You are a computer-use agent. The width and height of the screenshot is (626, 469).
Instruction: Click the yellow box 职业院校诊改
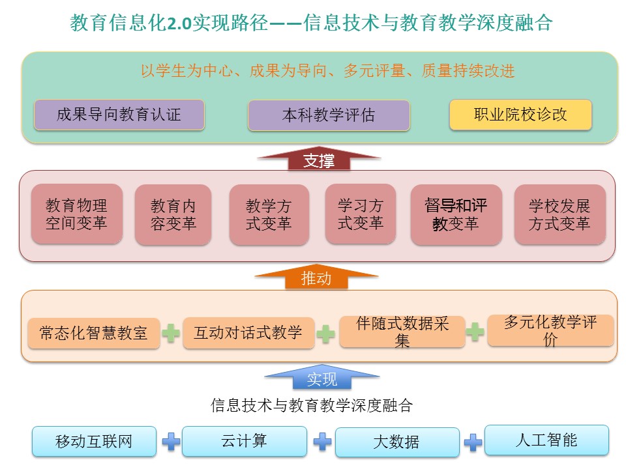tap(520, 115)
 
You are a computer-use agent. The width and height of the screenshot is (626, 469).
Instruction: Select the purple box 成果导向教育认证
tap(119, 115)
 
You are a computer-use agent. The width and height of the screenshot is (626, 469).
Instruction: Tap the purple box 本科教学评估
tap(329, 115)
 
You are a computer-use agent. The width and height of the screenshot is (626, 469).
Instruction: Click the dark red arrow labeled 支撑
tap(319, 158)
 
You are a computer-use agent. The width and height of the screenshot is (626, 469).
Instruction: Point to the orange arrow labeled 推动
tap(316, 276)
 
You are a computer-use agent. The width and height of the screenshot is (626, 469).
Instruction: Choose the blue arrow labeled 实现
tap(321, 377)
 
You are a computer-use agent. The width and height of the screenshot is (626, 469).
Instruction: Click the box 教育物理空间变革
tap(77, 214)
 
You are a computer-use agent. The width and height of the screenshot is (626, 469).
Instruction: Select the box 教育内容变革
tap(173, 214)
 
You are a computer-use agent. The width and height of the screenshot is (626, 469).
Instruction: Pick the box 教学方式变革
tap(269, 214)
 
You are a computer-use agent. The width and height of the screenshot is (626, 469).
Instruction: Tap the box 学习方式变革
tap(361, 214)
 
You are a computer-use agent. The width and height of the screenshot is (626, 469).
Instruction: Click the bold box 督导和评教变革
tap(456, 214)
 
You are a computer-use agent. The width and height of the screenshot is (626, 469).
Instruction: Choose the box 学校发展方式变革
tap(559, 214)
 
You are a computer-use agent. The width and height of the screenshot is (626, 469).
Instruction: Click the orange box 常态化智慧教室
tap(94, 334)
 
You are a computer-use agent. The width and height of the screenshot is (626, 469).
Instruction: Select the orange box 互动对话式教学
tap(248, 333)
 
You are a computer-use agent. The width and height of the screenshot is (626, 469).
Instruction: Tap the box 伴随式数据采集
tap(402, 332)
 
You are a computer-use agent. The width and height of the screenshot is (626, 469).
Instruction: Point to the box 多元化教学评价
tap(550, 330)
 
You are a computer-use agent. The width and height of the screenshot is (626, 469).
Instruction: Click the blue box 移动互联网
tap(94, 441)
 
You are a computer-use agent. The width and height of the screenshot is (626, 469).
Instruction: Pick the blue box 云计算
tap(245, 441)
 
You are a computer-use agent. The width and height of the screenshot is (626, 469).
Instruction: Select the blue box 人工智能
tap(546, 440)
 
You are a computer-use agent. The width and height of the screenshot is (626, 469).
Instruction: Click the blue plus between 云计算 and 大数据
tap(322, 442)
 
